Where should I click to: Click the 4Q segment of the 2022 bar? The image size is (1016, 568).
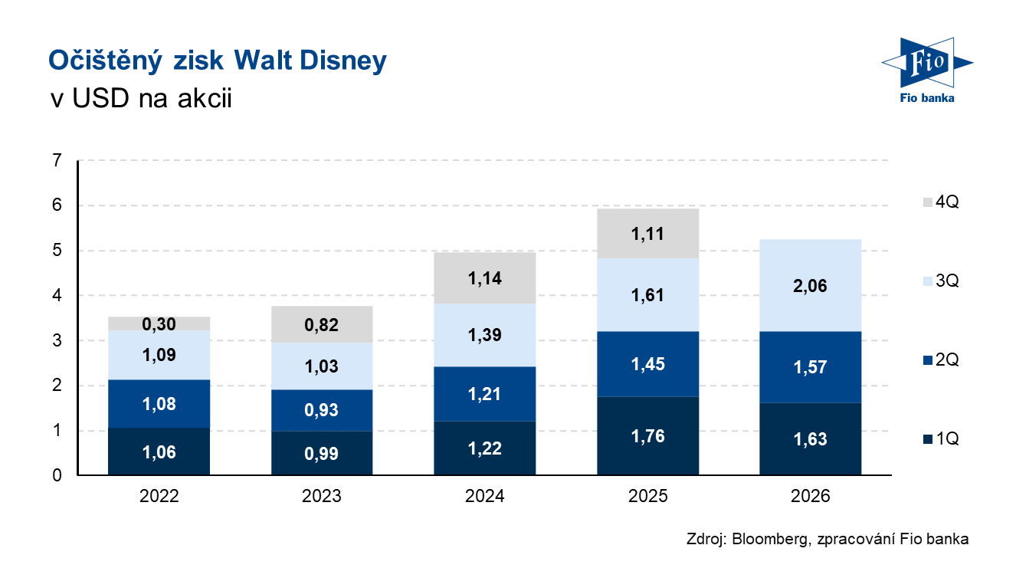coord(159,323)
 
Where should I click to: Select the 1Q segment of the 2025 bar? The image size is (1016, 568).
coord(647,436)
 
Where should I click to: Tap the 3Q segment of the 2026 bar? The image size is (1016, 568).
coord(810,285)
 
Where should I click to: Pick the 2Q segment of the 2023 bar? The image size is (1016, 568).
coord(322,410)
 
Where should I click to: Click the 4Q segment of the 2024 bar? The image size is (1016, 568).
coord(484,277)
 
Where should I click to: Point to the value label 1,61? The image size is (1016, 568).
coord(647,295)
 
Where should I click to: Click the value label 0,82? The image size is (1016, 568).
coord(322,325)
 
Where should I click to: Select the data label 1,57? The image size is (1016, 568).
coord(810,367)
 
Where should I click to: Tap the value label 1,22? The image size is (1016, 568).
coord(484,448)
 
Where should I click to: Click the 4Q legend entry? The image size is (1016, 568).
coord(941,202)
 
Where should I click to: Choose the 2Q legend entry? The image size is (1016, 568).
coord(941,360)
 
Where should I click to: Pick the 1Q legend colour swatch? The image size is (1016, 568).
coord(928,439)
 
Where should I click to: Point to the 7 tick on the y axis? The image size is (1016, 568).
coord(57,161)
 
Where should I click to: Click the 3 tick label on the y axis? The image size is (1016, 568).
coord(57,340)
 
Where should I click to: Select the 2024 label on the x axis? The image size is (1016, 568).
coord(484,496)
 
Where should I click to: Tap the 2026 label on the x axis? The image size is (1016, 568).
coord(810,496)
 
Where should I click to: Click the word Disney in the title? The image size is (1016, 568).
coord(343,61)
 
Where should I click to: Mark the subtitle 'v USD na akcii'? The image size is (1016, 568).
coord(141,98)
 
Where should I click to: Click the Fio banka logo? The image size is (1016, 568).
coord(927,71)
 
